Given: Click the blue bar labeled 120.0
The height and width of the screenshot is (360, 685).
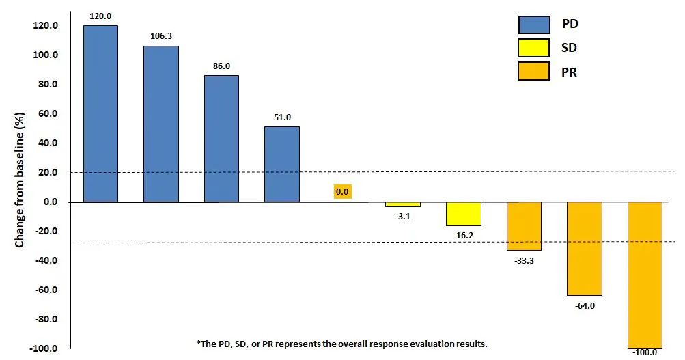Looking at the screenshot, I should (x=100, y=113).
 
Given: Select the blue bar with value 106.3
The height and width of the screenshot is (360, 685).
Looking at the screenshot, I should (x=160, y=124).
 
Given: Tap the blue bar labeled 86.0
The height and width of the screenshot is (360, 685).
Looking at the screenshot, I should (x=221, y=139).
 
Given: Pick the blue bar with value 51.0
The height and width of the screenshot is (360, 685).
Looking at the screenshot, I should (x=281, y=164).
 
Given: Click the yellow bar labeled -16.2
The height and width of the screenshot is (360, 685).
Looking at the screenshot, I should (x=464, y=214).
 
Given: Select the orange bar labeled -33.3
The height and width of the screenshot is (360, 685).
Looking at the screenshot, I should (x=524, y=226).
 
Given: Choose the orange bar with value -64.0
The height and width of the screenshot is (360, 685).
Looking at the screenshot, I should (x=585, y=249).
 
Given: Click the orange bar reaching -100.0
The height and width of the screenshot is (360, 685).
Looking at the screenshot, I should (x=645, y=275).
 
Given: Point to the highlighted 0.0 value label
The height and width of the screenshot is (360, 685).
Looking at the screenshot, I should (x=342, y=192).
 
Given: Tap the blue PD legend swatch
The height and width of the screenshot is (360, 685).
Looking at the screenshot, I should (x=533, y=25).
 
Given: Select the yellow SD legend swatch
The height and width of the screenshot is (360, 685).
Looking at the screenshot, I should (x=533, y=48).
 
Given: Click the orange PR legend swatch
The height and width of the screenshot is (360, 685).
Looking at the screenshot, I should (x=533, y=71).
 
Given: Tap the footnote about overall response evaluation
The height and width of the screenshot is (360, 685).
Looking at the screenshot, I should (x=341, y=343).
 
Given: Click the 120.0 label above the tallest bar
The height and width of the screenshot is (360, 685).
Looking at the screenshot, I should (x=100, y=15).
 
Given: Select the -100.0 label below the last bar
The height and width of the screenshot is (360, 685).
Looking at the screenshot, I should (x=645, y=352).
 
